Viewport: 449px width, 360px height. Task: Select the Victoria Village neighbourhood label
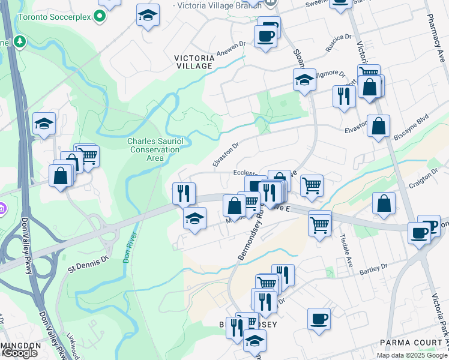pyautogui.click(x=194, y=62)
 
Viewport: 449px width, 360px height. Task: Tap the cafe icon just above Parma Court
pyautogui.click(x=319, y=319)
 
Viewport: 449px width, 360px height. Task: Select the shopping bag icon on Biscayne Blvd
pyautogui.click(x=378, y=127)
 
